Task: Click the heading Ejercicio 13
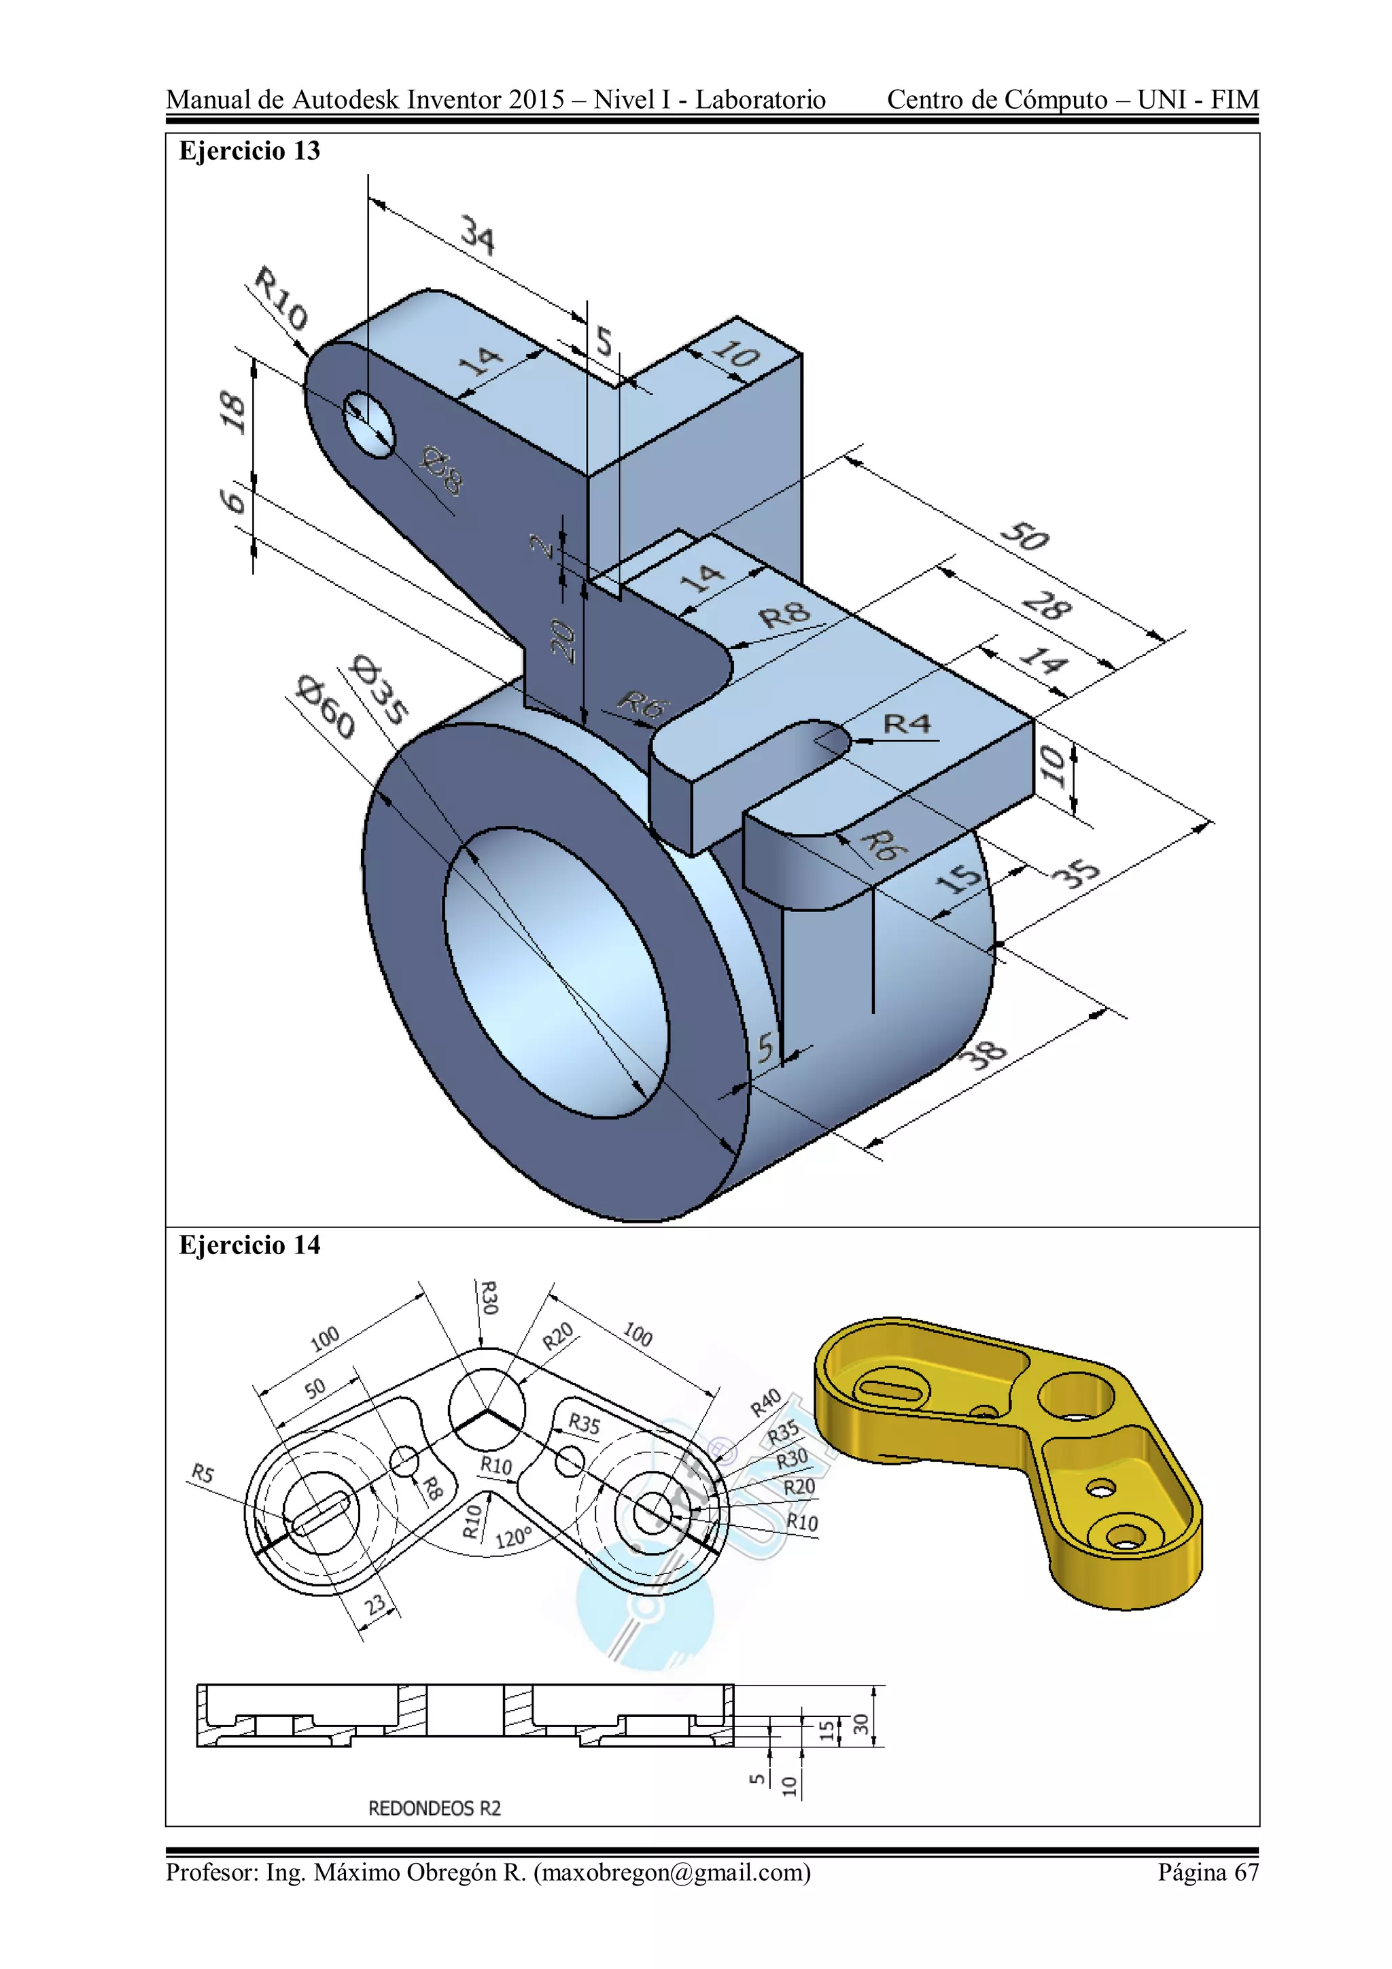point(249,151)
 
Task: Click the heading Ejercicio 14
point(249,1244)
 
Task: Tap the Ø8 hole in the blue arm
point(370,423)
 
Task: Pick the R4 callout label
point(907,725)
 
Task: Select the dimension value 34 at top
point(477,235)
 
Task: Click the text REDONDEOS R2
point(434,1808)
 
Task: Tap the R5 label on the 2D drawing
point(202,1474)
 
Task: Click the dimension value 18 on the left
point(232,412)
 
